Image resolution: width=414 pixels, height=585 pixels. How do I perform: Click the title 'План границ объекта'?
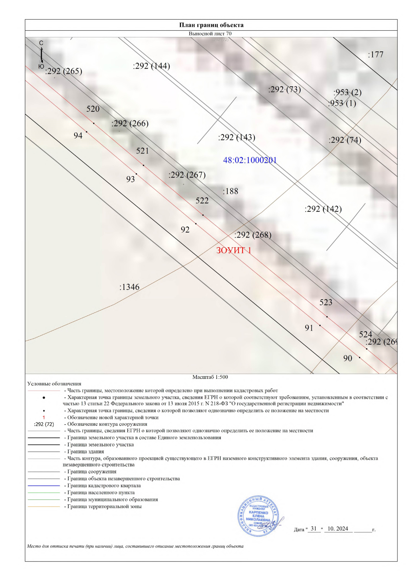tap(211, 25)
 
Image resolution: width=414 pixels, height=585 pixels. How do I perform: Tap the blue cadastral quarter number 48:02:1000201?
tap(250, 160)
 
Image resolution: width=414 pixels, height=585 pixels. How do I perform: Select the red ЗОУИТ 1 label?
tap(234, 250)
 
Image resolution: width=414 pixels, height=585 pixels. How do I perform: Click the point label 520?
tap(93, 109)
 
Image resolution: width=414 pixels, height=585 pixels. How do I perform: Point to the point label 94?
tap(78, 136)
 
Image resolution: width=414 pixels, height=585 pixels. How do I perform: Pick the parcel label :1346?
tap(129, 287)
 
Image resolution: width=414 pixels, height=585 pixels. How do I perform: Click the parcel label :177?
tap(375, 54)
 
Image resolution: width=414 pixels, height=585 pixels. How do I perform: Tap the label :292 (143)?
tap(236, 138)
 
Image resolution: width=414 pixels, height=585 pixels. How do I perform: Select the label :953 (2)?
tap(347, 92)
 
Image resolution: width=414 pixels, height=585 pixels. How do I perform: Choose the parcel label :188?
tap(230, 191)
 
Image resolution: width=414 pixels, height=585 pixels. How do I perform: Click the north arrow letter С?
tap(41, 43)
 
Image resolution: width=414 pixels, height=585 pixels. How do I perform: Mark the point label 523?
tap(326, 303)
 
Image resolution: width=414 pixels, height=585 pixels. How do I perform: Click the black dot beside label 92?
tap(196, 224)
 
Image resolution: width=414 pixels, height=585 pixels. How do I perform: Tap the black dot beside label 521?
tap(144, 165)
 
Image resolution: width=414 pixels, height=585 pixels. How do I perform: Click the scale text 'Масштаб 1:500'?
tap(210, 377)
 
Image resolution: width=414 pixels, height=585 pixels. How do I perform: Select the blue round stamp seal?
tap(258, 516)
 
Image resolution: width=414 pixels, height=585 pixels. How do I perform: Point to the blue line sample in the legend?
tap(44, 486)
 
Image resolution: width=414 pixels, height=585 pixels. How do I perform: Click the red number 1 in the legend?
tap(44, 417)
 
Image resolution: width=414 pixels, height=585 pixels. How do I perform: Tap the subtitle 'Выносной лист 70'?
tap(210, 34)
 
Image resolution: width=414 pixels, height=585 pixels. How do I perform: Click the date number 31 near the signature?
tap(314, 528)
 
